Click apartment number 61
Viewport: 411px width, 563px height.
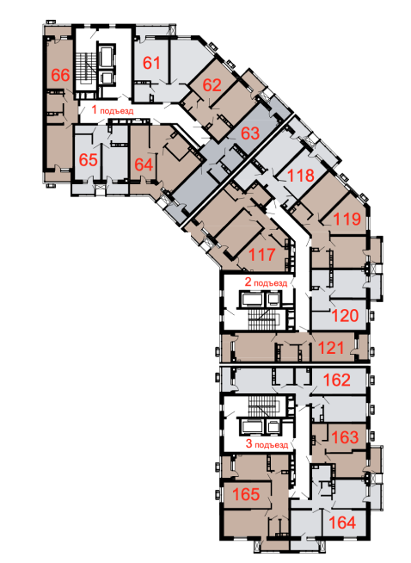[151, 63]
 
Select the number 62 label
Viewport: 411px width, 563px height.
[212, 85]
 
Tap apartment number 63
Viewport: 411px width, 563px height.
[250, 133]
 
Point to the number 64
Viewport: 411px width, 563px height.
[144, 164]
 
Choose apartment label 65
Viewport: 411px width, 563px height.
[89, 160]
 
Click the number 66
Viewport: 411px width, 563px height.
[60, 75]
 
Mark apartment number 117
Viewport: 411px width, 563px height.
[261, 255]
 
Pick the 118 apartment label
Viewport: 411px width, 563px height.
[301, 176]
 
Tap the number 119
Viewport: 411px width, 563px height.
[347, 219]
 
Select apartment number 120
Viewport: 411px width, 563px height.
[345, 316]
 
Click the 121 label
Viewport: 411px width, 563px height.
[331, 348]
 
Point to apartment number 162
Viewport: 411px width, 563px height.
[336, 380]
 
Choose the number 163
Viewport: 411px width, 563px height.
[345, 437]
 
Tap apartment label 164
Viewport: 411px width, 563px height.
[342, 523]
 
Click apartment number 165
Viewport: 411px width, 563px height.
[246, 494]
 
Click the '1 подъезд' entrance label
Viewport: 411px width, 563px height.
[113, 109]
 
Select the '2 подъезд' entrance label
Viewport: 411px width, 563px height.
[266, 281]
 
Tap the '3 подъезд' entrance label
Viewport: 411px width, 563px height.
[267, 444]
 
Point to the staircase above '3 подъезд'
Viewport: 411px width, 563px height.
[264, 406]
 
